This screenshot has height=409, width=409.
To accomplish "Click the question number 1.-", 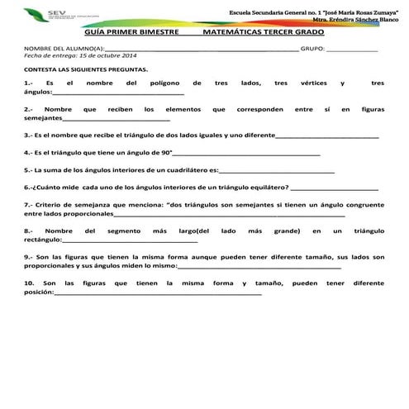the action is point(30,83).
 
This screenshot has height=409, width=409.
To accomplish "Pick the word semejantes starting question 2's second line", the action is point(42,117).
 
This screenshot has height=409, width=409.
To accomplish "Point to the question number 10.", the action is point(30,283).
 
